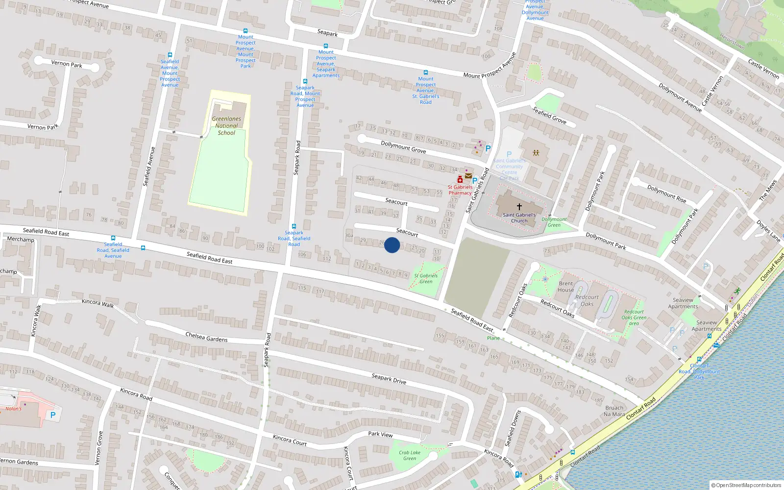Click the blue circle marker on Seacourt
tap(392, 245)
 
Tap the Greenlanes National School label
tap(226, 126)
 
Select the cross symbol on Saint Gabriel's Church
tap(519, 207)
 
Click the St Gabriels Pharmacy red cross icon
tap(460, 180)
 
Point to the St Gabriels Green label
tap(426, 278)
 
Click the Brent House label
tap(565, 287)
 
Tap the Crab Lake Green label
tap(410, 456)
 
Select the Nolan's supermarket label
tap(14, 409)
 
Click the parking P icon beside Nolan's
tap(53, 415)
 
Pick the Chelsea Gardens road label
tap(206, 337)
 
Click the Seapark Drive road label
tap(389, 378)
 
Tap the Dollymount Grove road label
tap(403, 147)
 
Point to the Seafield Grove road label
tap(549, 116)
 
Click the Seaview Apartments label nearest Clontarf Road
tap(707, 326)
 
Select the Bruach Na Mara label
tap(614, 411)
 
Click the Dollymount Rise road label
tap(666, 194)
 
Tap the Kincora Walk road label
tap(98, 303)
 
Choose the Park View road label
tap(380, 434)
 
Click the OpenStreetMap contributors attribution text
tap(747, 485)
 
